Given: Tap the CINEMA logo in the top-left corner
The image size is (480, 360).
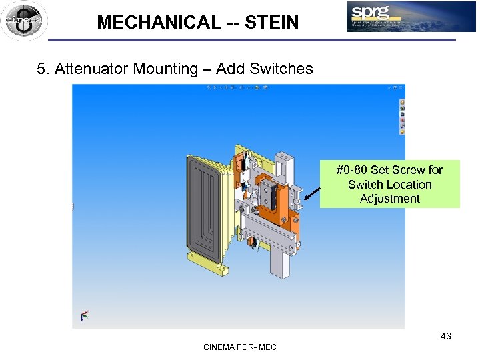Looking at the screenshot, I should tap(24, 21).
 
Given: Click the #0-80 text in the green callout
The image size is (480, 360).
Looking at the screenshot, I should tap(353, 170).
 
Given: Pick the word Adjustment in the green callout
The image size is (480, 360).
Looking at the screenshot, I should tap(390, 199).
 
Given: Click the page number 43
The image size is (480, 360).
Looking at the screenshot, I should tap(445, 336).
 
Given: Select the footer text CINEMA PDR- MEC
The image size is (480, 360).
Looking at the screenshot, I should tap(240, 347).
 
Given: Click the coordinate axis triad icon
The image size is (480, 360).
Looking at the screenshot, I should tap(84, 315).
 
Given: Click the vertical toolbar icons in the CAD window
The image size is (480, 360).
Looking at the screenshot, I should tap(401, 117).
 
